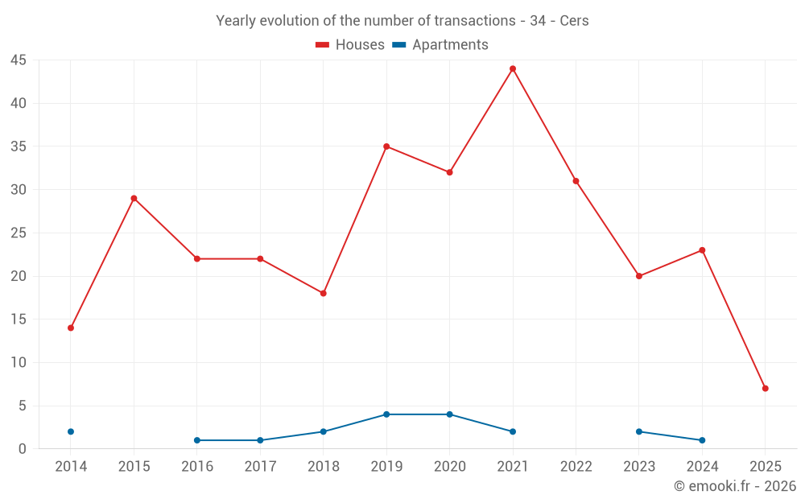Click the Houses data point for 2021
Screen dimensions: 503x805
pyautogui.click(x=512, y=68)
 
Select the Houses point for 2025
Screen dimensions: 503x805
pyautogui.click(x=765, y=388)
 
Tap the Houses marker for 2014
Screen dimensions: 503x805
pyautogui.click(x=71, y=328)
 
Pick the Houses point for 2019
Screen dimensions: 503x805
pyautogui.click(x=386, y=146)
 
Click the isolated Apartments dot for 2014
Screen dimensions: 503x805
pyautogui.click(x=71, y=431)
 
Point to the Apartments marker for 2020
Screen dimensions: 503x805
pyautogui.click(x=449, y=414)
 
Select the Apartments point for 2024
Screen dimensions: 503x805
pyautogui.click(x=702, y=440)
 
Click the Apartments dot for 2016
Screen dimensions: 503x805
pyautogui.click(x=197, y=440)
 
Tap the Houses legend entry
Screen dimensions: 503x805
pyautogui.click(x=350, y=45)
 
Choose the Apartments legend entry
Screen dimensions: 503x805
pyautogui.click(x=440, y=45)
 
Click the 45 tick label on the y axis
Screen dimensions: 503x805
pyautogui.click(x=19, y=60)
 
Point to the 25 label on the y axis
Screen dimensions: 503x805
pyautogui.click(x=19, y=233)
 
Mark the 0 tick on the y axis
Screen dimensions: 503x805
pyautogui.click(x=23, y=449)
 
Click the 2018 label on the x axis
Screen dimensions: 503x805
pyautogui.click(x=324, y=467)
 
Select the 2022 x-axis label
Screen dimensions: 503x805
pyautogui.click(x=576, y=467)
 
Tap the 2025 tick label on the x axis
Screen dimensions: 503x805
pyautogui.click(x=765, y=467)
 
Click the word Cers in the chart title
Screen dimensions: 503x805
pyautogui.click(x=574, y=21)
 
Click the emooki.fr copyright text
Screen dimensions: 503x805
pyautogui.click(x=734, y=486)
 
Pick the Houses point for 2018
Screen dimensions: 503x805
pyautogui.click(x=324, y=293)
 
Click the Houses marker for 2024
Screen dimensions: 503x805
pyautogui.click(x=702, y=250)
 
